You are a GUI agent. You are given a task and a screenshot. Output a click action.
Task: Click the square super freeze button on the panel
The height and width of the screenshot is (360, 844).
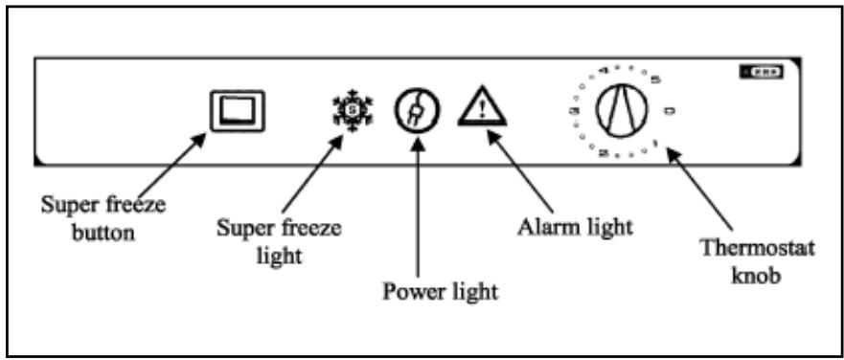coord(237,112)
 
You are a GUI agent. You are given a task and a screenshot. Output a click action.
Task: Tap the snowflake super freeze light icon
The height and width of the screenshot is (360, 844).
coord(344,113)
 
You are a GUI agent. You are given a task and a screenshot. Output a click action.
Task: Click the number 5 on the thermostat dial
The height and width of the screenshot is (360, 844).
coord(655,80)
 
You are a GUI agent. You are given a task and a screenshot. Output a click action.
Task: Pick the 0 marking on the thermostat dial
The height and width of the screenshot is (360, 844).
coord(669,112)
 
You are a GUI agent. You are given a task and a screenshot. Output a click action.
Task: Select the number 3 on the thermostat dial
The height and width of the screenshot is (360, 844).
coord(573,112)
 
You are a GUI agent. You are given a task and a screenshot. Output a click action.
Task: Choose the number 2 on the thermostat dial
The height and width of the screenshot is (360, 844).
coord(604,153)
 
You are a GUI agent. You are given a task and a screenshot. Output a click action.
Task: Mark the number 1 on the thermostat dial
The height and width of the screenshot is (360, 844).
coord(654,144)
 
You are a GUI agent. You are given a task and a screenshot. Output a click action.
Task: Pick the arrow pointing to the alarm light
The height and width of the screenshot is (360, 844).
coord(522,169)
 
